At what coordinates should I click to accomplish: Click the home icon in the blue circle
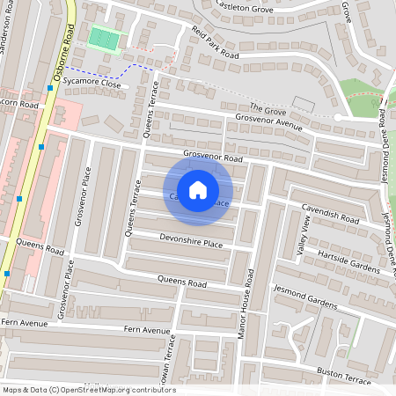(198, 190)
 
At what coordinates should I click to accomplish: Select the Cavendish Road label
(330, 214)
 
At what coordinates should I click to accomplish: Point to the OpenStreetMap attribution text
(89, 389)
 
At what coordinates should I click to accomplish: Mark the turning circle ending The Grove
(337, 117)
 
